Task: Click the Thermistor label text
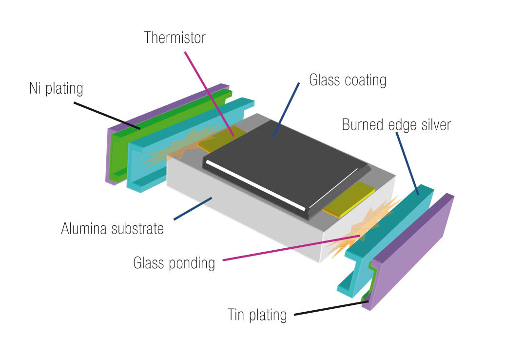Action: pos(175,38)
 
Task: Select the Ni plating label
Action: pos(56,89)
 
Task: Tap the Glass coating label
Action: pos(348,80)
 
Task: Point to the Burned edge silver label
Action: pos(396,124)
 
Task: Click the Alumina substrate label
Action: pos(112,228)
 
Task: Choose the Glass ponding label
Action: pos(174,263)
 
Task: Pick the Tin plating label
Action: pos(257,315)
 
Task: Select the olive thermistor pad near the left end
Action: pos(222,139)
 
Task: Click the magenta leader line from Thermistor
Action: pos(207,90)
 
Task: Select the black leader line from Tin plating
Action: pos(331,309)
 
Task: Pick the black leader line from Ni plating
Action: pos(107,115)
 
